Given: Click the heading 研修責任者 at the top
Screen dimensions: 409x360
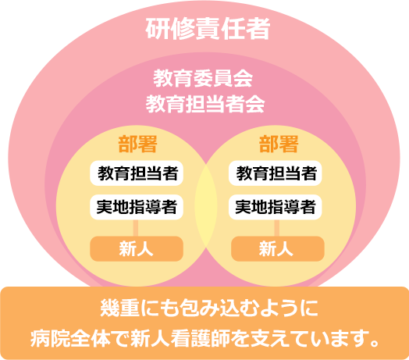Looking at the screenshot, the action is [208, 29].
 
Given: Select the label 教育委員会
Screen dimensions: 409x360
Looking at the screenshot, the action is [203, 78].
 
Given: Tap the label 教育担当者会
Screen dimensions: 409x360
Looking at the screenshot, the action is [205, 104].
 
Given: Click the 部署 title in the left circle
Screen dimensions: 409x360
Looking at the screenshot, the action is [137, 144].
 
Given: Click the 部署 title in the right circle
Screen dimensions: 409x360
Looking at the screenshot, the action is [279, 144].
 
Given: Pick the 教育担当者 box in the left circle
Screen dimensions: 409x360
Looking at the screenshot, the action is [137, 173].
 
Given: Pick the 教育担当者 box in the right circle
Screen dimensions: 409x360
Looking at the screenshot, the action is [276, 173].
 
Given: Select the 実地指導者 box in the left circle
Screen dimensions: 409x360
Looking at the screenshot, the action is [137, 207].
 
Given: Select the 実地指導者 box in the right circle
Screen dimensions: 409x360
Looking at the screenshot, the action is [276, 207].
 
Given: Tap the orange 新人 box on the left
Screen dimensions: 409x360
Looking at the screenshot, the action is [137, 249].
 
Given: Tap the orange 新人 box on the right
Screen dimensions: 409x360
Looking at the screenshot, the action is [278, 249].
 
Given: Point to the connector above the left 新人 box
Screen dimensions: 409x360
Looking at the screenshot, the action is [136, 228].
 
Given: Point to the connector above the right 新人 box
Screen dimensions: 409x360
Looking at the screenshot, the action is [277, 228].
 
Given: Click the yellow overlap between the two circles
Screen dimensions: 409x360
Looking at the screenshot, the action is [206, 206].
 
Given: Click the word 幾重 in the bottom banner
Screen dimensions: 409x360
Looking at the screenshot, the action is [119, 308].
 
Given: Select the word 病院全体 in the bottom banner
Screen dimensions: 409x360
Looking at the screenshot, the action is [70, 338].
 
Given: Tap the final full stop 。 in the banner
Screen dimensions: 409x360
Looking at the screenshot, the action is [375, 343].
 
